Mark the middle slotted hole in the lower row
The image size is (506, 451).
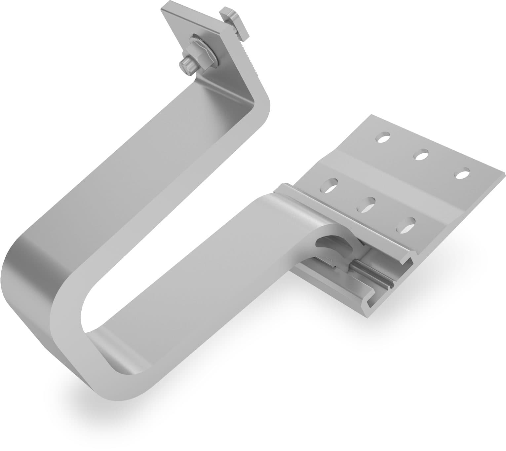pos(367,205)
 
